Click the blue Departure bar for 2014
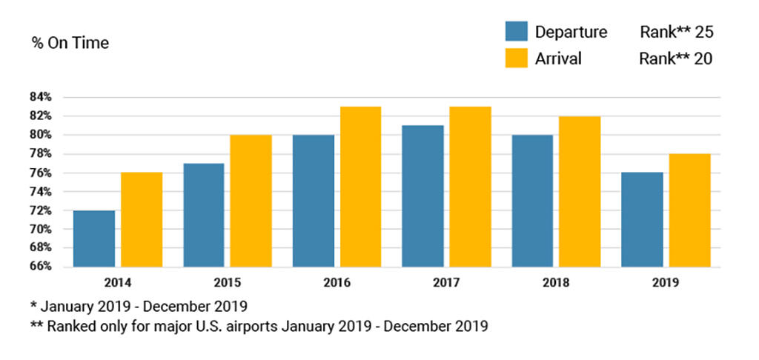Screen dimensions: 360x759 pos(94,239)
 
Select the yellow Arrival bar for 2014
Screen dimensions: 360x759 pos(141,220)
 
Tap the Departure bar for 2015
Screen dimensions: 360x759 pos(203,215)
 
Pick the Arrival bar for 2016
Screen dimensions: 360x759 pos(360,187)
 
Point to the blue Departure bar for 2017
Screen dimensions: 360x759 pos(422,196)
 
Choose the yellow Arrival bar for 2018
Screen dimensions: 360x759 pos(579,192)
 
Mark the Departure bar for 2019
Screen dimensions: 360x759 pos(642,220)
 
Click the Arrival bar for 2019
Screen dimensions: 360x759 pos(689,210)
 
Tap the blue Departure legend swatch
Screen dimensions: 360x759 pos(516,31)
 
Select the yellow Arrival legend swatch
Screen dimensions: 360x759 pos(516,58)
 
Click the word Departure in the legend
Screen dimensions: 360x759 pos(571,32)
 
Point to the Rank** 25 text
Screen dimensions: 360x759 pos(676,32)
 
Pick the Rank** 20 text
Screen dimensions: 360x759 pos(676,59)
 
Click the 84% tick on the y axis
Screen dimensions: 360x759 pos(41,97)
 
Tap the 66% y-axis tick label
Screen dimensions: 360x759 pos(41,267)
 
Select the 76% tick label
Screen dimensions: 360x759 pos(41,173)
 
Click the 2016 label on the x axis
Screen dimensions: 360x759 pos(337,283)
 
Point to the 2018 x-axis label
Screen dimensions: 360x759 pos(556,283)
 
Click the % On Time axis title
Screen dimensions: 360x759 pos(70,43)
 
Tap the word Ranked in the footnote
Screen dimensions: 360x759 pos(70,325)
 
